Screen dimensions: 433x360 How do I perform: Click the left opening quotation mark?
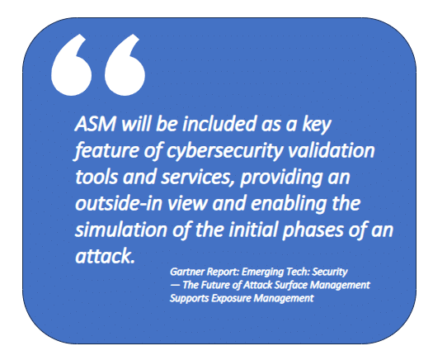pyautogui.click(x=72, y=66)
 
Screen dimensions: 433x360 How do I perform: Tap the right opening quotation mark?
pyautogui.click(x=125, y=66)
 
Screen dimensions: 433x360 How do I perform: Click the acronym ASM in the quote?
pyautogui.click(x=96, y=124)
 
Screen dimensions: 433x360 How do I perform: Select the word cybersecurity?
pyautogui.click(x=225, y=152)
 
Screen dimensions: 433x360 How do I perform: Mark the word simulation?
pyautogui.click(x=121, y=230)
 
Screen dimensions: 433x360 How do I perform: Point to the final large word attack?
pyautogui.click(x=105, y=256)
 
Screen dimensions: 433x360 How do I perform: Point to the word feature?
pyautogui.click(x=106, y=152)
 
